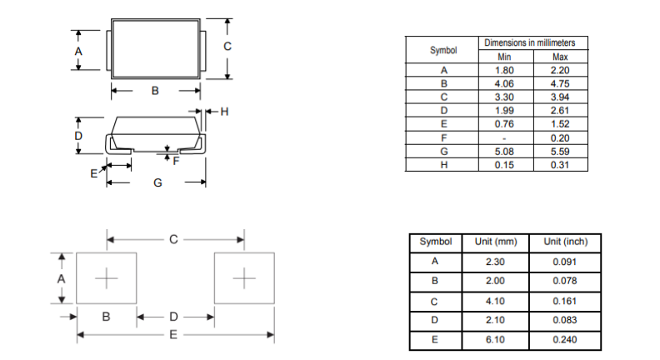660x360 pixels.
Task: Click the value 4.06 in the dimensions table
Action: point(504,84)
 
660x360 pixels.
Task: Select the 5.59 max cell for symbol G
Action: point(560,152)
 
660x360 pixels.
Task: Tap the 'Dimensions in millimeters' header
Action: point(529,43)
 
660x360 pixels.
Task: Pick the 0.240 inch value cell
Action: point(564,340)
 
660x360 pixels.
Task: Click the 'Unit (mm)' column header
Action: point(496,242)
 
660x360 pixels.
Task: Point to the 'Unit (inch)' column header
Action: point(565,242)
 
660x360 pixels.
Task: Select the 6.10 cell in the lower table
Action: point(495,340)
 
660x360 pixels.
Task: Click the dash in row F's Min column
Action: point(504,138)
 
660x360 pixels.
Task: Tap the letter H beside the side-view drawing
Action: point(224,112)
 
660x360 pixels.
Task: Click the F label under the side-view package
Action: point(176,161)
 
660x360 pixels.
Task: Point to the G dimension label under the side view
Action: point(157,182)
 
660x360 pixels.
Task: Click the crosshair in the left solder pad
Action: point(107,278)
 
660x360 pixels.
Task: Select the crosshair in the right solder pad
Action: point(244,278)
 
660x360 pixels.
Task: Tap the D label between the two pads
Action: point(173,317)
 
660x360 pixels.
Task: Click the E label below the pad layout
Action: point(173,335)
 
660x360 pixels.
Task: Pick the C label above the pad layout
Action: point(173,239)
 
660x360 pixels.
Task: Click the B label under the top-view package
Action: point(155,91)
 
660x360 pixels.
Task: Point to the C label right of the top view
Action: point(227,47)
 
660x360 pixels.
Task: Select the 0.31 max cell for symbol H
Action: point(560,165)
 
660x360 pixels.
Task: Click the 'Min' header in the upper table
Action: point(504,57)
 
